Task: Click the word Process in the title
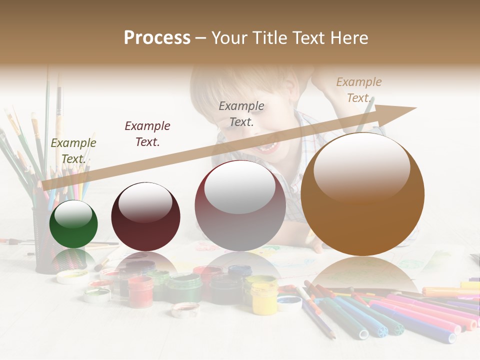157,38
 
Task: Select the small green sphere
73,224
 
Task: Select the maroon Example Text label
147,134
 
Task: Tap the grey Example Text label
241,113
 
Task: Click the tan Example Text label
358,90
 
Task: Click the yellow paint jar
263,297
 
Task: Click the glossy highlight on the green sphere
73,214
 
